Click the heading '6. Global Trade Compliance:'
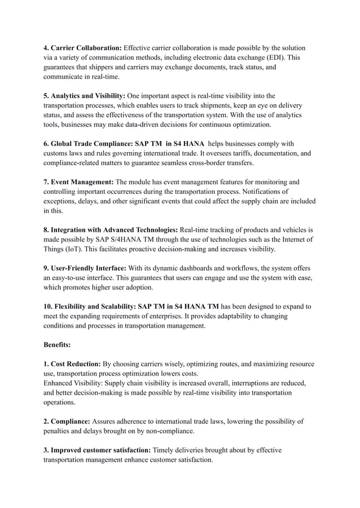tap(90, 144)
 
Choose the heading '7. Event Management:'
tap(79, 182)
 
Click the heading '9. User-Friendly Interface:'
tap(85, 268)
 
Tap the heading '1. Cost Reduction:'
tap(72, 364)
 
